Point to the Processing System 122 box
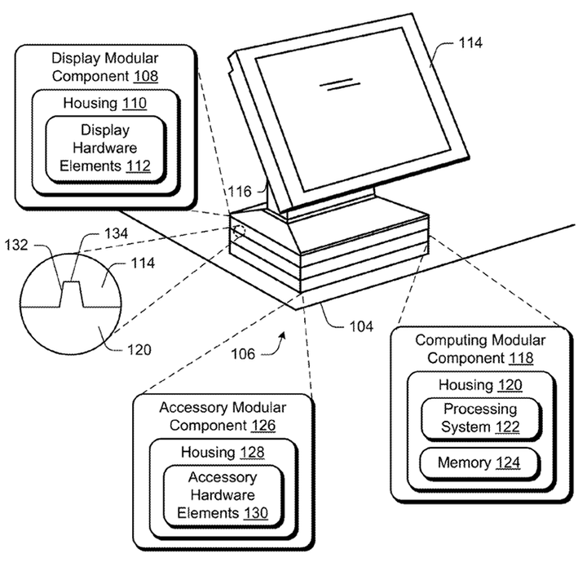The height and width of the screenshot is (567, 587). [x=479, y=418]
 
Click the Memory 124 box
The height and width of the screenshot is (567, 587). [x=479, y=463]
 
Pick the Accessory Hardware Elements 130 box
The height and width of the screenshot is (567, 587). [x=223, y=495]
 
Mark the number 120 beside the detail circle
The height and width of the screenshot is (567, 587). [x=139, y=350]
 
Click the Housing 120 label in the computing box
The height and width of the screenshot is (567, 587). [x=479, y=385]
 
